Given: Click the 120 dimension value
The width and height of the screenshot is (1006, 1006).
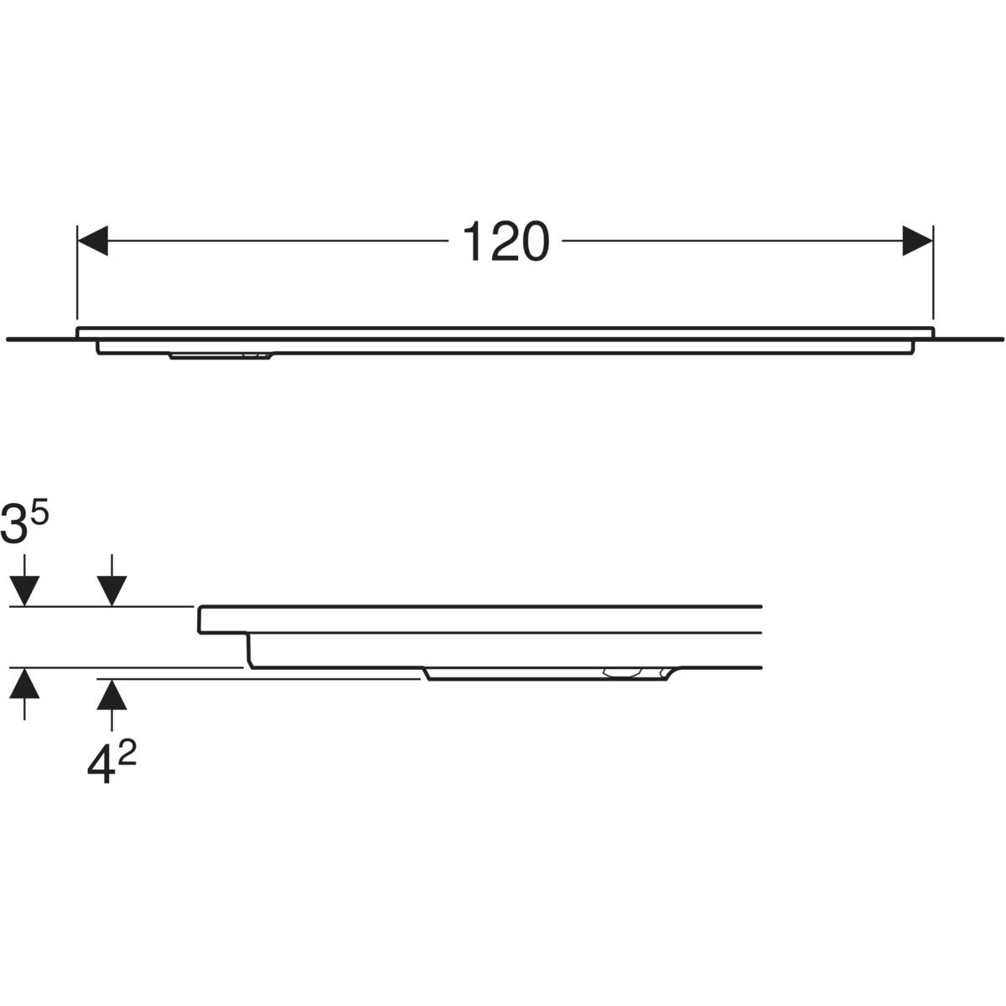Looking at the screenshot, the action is click(x=506, y=241).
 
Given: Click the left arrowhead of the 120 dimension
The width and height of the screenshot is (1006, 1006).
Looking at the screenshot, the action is click(x=92, y=241).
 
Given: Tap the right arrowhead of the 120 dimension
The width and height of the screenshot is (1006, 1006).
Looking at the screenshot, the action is click(x=917, y=241).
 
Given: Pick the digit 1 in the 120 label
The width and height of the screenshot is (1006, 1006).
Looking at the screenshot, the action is click(x=473, y=241).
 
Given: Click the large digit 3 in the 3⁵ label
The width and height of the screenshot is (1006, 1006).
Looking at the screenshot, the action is click(x=14, y=525).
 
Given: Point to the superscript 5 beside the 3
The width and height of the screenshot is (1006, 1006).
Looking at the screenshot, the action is click(x=39, y=514).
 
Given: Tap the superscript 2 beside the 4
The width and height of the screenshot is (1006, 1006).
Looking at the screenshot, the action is click(x=127, y=754).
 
